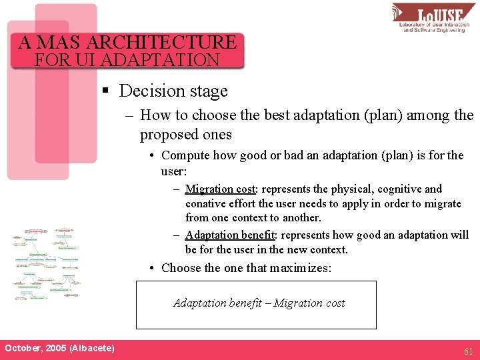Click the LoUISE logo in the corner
tap(433, 18)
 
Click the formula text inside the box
tap(259, 303)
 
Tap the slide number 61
tap(469, 351)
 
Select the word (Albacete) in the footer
tap(91, 349)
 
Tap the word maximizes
tap(299, 268)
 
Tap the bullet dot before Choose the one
tap(153, 268)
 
